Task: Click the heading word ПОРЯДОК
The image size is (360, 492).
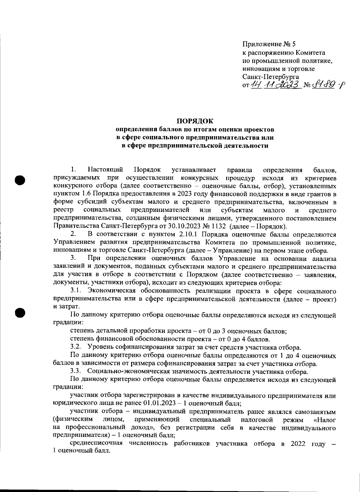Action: coord(195,121)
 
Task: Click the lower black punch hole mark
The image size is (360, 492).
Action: coord(20,312)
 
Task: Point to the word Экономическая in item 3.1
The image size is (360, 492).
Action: coord(112,291)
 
